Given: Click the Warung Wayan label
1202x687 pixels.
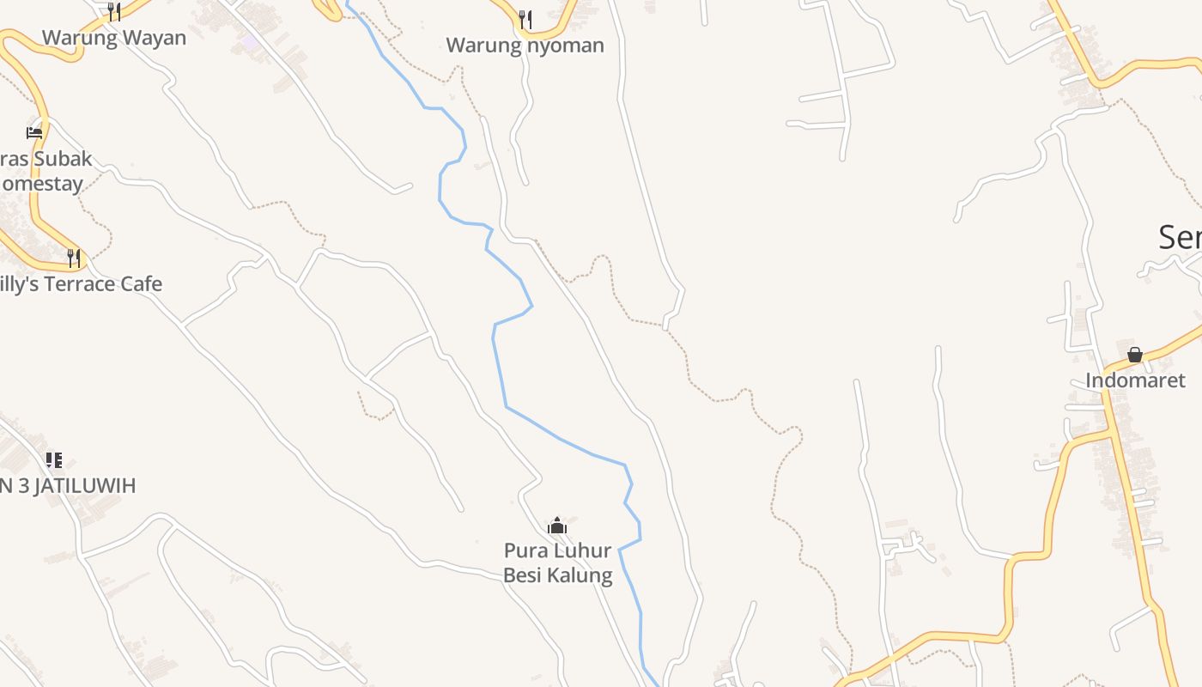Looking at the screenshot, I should pyautogui.click(x=114, y=38).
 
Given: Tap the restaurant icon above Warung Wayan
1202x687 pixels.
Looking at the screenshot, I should pyautogui.click(x=114, y=11).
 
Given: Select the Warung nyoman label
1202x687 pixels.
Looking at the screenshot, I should pyautogui.click(x=525, y=46).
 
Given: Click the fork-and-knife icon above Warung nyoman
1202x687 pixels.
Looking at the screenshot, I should pyautogui.click(x=525, y=19).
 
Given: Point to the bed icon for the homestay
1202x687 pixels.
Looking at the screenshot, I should pyautogui.click(x=34, y=132).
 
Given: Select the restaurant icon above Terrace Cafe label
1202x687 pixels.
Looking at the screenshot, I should pyautogui.click(x=74, y=257).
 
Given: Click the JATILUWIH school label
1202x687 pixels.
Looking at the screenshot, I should pyautogui.click(x=68, y=486).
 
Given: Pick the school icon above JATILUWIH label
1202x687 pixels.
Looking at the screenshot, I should pyautogui.click(x=54, y=460).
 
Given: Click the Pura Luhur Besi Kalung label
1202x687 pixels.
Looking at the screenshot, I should pyautogui.click(x=558, y=562).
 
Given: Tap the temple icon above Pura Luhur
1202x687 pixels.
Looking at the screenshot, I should pyautogui.click(x=557, y=525).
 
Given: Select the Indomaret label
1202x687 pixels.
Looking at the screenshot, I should pyautogui.click(x=1135, y=380).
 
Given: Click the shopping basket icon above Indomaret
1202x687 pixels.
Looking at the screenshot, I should pyautogui.click(x=1135, y=355).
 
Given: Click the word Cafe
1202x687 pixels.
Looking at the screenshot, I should pyautogui.click(x=141, y=284).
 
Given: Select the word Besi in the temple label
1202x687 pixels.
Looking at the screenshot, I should pyautogui.click(x=521, y=575).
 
